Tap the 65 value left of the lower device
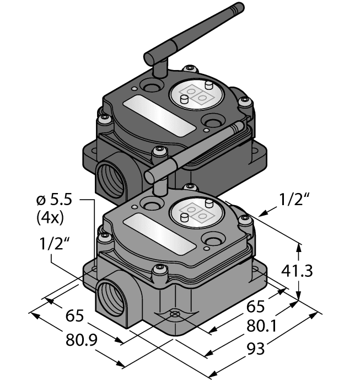[x=76, y=317]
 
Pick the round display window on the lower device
[x=197, y=210]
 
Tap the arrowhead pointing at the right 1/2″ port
[x=260, y=213]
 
